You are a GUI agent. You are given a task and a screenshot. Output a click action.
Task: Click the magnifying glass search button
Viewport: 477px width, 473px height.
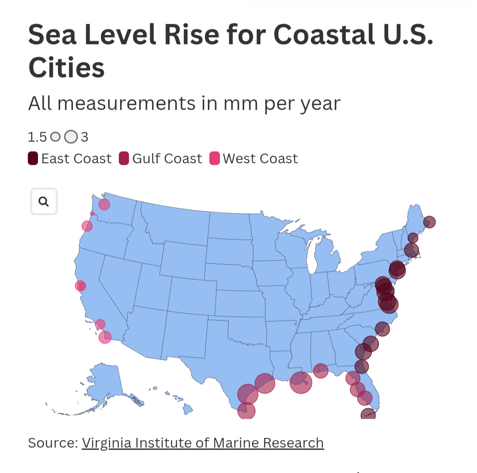point(44,201)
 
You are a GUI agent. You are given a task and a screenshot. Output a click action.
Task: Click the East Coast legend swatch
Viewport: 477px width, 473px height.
point(33,158)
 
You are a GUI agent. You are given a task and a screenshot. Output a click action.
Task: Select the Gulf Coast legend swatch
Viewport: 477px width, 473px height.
point(124,158)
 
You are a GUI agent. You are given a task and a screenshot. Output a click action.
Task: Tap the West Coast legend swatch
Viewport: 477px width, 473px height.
point(214,158)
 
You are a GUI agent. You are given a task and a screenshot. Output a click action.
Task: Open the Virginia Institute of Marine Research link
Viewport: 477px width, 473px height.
point(203,443)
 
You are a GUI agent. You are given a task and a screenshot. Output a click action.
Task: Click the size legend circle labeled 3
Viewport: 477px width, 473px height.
point(71,137)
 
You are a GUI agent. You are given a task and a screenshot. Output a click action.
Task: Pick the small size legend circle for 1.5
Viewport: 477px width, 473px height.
point(55,137)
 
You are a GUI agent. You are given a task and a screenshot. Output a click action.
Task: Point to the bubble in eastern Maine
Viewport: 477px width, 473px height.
point(429,222)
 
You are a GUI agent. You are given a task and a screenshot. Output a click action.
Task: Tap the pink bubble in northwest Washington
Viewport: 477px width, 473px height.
point(104,204)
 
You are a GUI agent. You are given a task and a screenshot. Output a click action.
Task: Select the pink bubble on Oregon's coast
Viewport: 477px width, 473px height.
point(87,226)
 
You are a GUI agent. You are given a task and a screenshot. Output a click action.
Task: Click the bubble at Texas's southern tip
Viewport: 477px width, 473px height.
point(246,410)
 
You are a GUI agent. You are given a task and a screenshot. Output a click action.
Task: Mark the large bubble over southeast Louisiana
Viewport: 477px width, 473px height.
point(301,382)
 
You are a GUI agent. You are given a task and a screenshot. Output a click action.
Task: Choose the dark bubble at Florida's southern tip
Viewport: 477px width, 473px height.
point(368,415)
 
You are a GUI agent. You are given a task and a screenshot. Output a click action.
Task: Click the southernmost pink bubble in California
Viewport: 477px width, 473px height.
point(105,337)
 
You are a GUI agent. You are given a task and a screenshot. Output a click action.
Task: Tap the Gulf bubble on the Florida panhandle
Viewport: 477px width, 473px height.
point(321,370)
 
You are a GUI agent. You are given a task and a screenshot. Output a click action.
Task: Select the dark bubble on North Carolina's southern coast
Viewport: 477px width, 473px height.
point(382,329)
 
